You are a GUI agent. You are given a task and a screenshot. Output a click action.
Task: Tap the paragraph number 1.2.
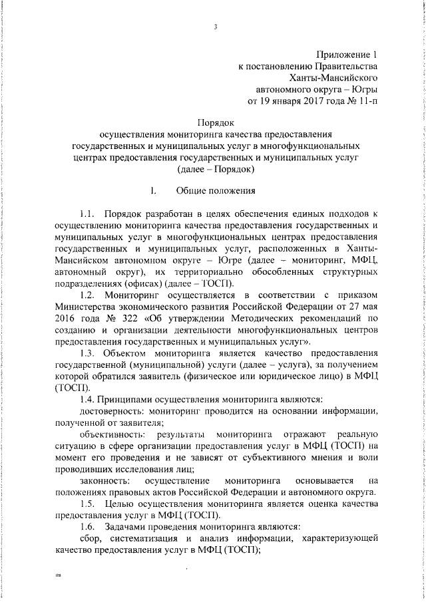pos(89,294)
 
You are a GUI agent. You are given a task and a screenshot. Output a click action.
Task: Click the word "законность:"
pos(101,480)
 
